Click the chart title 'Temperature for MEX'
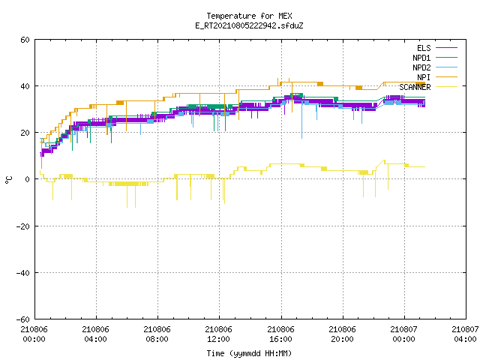(249, 16)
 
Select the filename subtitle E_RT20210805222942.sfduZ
(249, 25)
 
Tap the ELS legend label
(424, 48)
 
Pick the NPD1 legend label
(421, 58)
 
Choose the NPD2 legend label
(421, 67)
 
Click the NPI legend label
(424, 77)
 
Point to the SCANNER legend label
(415, 87)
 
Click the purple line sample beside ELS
(446, 48)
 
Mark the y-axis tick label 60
(25, 40)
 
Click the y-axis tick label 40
(25, 86)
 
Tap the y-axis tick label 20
(25, 133)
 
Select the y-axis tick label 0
(28, 179)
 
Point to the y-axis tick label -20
(23, 226)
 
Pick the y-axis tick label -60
(23, 319)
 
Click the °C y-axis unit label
(8, 180)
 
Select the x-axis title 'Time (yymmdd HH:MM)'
(249, 353)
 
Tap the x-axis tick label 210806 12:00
(218, 334)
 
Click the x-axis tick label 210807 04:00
(465, 334)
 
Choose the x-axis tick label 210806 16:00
(280, 334)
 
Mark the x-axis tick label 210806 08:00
(157, 334)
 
